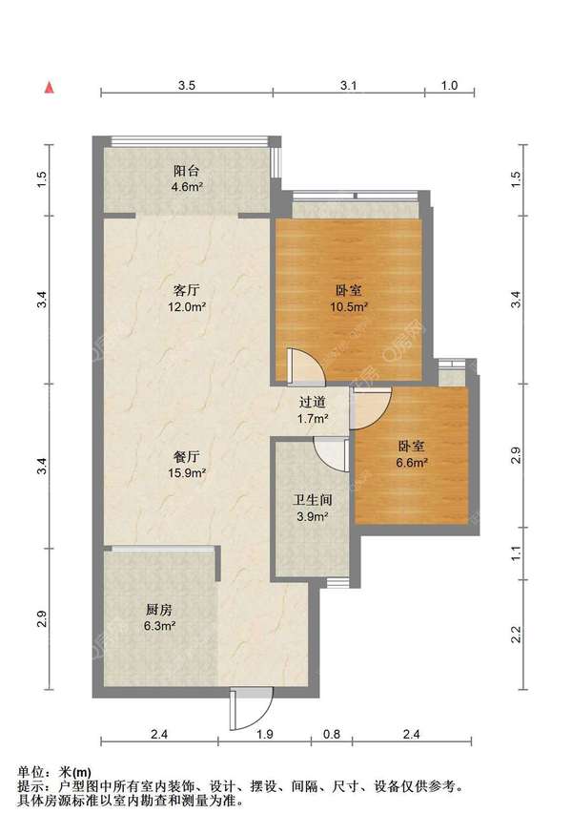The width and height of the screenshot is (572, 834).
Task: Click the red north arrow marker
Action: point(49,88)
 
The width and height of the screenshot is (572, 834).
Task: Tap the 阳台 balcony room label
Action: point(187,171)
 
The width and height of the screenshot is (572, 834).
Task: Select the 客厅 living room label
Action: point(187,290)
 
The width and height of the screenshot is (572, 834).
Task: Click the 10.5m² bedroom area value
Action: point(349,307)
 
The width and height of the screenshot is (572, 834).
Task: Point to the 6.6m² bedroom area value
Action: point(412,463)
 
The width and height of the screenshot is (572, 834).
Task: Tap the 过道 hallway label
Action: point(313,403)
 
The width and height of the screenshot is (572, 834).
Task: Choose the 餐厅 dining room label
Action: point(187,456)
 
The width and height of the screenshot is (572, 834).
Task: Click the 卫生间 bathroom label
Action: point(313,500)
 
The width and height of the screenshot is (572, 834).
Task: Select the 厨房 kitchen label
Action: point(159,610)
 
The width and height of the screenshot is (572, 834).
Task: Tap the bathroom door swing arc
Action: point(331,455)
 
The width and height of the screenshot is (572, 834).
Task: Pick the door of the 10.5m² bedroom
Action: point(305,367)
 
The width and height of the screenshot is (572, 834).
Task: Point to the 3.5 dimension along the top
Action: point(187,86)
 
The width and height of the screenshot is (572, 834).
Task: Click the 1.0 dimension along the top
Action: point(449,86)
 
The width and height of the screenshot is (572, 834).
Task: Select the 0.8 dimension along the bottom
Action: point(331,735)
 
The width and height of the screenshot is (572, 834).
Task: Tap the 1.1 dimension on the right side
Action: point(516,553)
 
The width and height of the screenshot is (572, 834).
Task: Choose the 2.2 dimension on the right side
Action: point(516,635)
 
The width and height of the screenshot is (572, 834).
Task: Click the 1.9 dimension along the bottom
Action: point(265,735)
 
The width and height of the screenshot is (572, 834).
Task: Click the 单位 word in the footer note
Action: point(31,772)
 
